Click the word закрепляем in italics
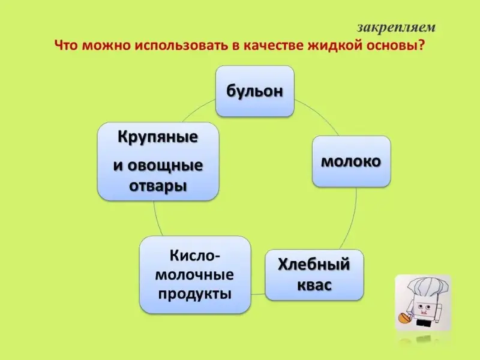396,28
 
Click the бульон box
254,91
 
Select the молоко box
351,161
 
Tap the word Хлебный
314,264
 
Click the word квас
314,285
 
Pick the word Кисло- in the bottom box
195,256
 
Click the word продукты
194,295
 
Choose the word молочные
194,275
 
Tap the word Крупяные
158,137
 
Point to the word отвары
158,186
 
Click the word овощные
165,166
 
